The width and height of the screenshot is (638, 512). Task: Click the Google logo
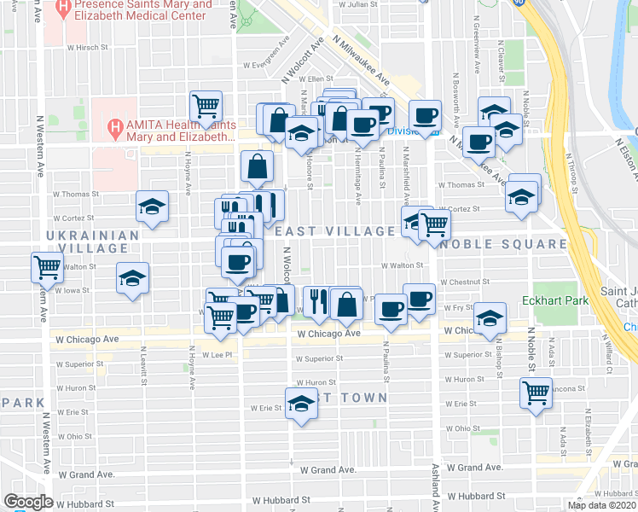click(28, 502)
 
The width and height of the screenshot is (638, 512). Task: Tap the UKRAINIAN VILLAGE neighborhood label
click(92, 241)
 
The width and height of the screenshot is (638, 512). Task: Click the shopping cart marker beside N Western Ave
click(48, 267)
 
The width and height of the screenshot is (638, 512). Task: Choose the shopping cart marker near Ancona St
click(536, 393)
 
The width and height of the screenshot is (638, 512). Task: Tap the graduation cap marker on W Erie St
click(301, 405)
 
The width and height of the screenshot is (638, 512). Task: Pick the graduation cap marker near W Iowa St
click(132, 279)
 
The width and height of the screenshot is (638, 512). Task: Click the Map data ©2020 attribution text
click(602, 505)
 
